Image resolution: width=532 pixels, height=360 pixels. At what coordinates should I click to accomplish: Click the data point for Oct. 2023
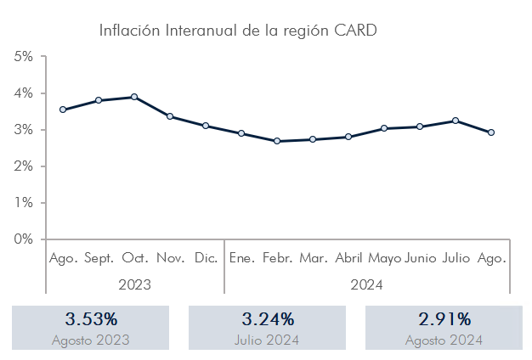[134, 97]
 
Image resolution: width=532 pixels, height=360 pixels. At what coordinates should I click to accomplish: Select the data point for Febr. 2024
[277, 141]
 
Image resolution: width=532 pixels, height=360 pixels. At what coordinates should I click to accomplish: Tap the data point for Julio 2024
[456, 121]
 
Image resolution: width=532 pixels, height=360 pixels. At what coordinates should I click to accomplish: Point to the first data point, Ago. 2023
[63, 110]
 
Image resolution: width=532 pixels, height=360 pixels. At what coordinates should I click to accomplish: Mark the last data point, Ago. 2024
[491, 132]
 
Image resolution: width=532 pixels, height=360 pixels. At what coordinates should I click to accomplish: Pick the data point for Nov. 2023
[170, 116]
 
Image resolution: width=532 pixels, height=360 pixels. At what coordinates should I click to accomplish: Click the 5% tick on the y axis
[43, 56]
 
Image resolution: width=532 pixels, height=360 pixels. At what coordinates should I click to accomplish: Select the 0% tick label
[24, 239]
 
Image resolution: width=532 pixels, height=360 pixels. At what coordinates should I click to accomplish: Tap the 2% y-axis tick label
[24, 166]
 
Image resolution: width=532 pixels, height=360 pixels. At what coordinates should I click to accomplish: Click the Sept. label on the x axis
[99, 258]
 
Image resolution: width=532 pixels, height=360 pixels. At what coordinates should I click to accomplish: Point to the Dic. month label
[206, 258]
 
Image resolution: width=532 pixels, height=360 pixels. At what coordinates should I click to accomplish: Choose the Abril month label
[348, 258]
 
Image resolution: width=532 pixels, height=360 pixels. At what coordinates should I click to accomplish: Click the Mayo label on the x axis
[384, 259]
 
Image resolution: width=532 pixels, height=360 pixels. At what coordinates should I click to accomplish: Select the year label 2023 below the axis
[134, 284]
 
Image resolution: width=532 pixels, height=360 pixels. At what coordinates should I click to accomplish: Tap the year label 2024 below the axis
[366, 284]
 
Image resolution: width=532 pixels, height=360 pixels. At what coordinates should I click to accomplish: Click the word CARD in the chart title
[355, 31]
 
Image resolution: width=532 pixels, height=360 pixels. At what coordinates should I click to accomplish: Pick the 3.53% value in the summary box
[91, 319]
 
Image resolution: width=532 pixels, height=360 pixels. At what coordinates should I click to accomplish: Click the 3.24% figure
[268, 319]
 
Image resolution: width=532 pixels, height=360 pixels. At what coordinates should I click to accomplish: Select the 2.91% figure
[444, 319]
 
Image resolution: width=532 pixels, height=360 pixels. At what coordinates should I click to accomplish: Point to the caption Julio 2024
[267, 340]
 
